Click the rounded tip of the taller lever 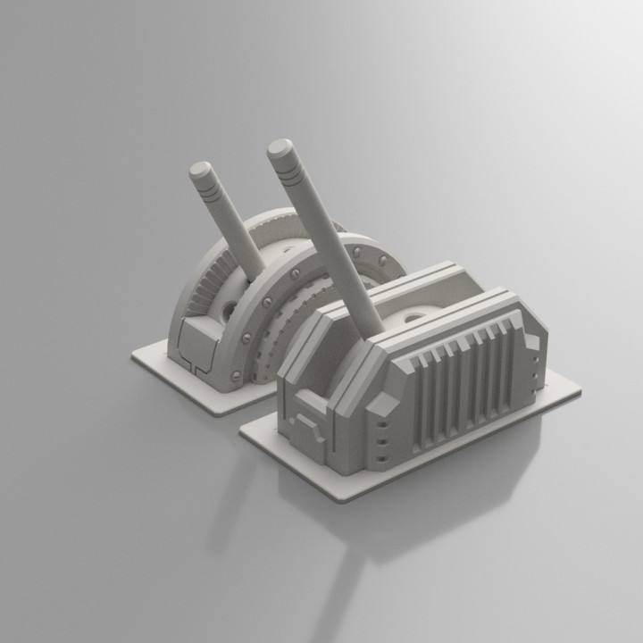[280, 147]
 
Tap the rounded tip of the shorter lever [200, 169]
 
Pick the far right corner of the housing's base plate [579, 389]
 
